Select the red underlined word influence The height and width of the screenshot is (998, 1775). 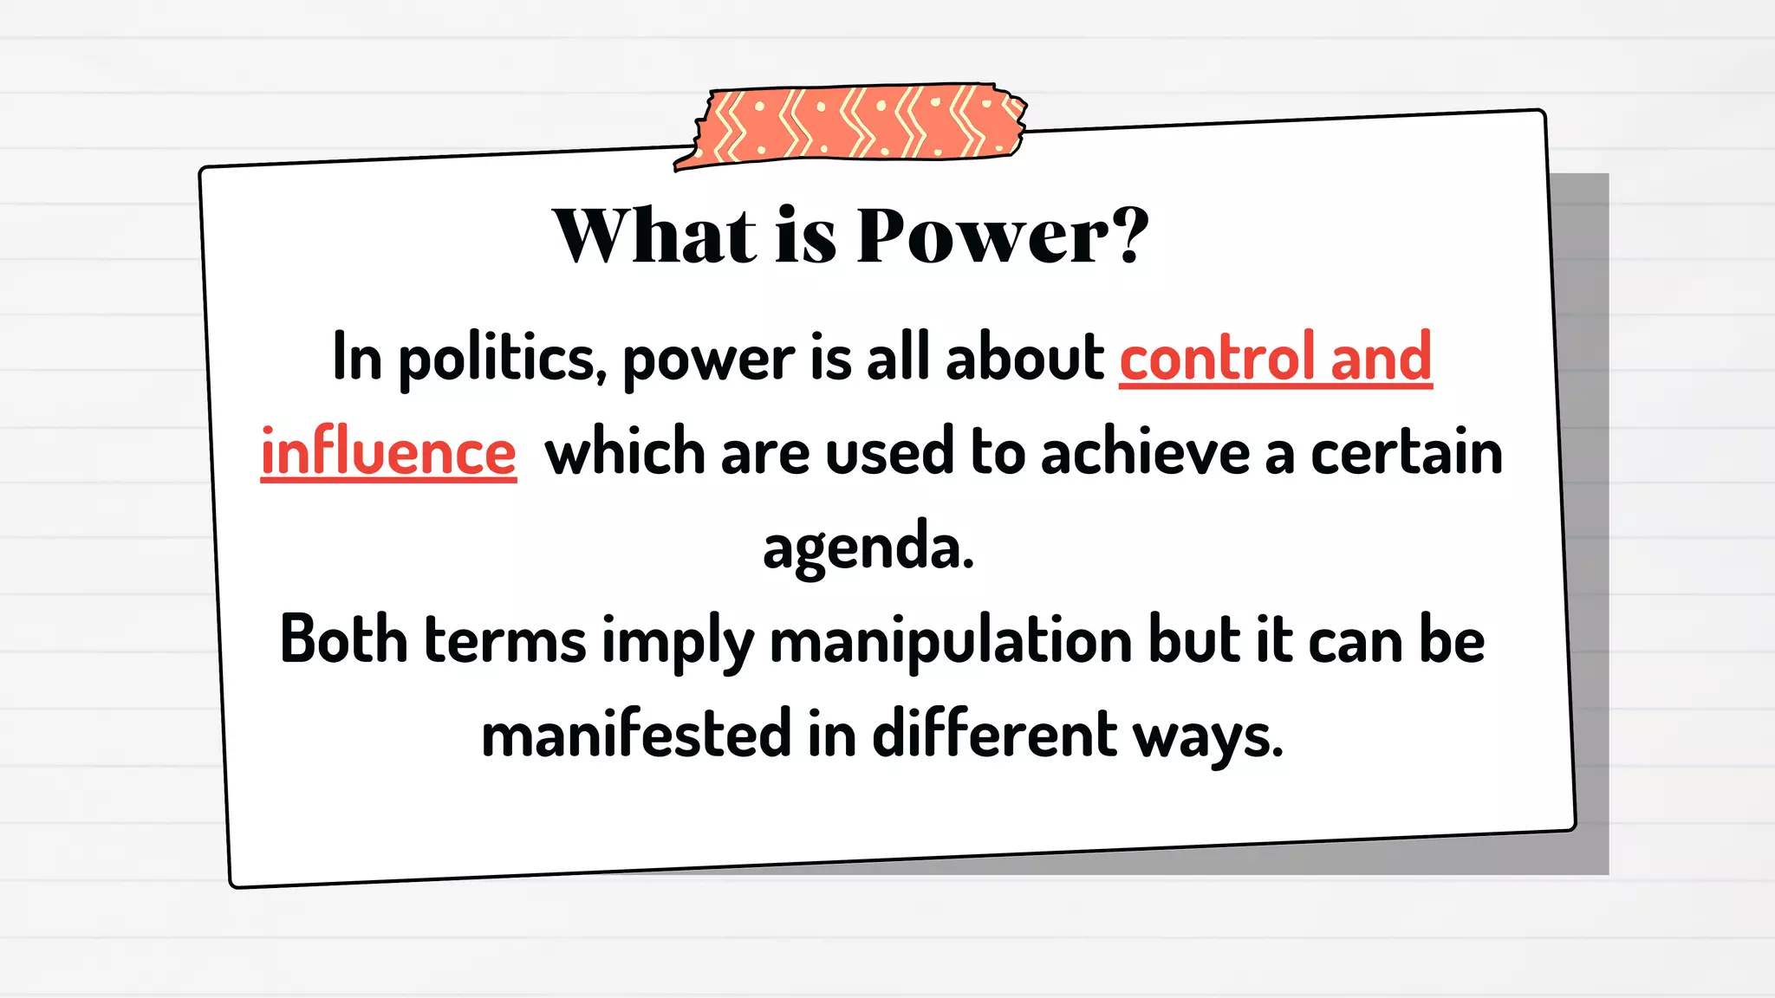[388, 453]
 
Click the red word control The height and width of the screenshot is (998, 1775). [1216, 357]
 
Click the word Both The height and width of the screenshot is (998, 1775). [343, 641]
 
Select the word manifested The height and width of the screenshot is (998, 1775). [636, 735]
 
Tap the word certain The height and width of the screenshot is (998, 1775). [1406, 453]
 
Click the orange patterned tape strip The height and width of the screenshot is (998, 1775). [854, 124]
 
